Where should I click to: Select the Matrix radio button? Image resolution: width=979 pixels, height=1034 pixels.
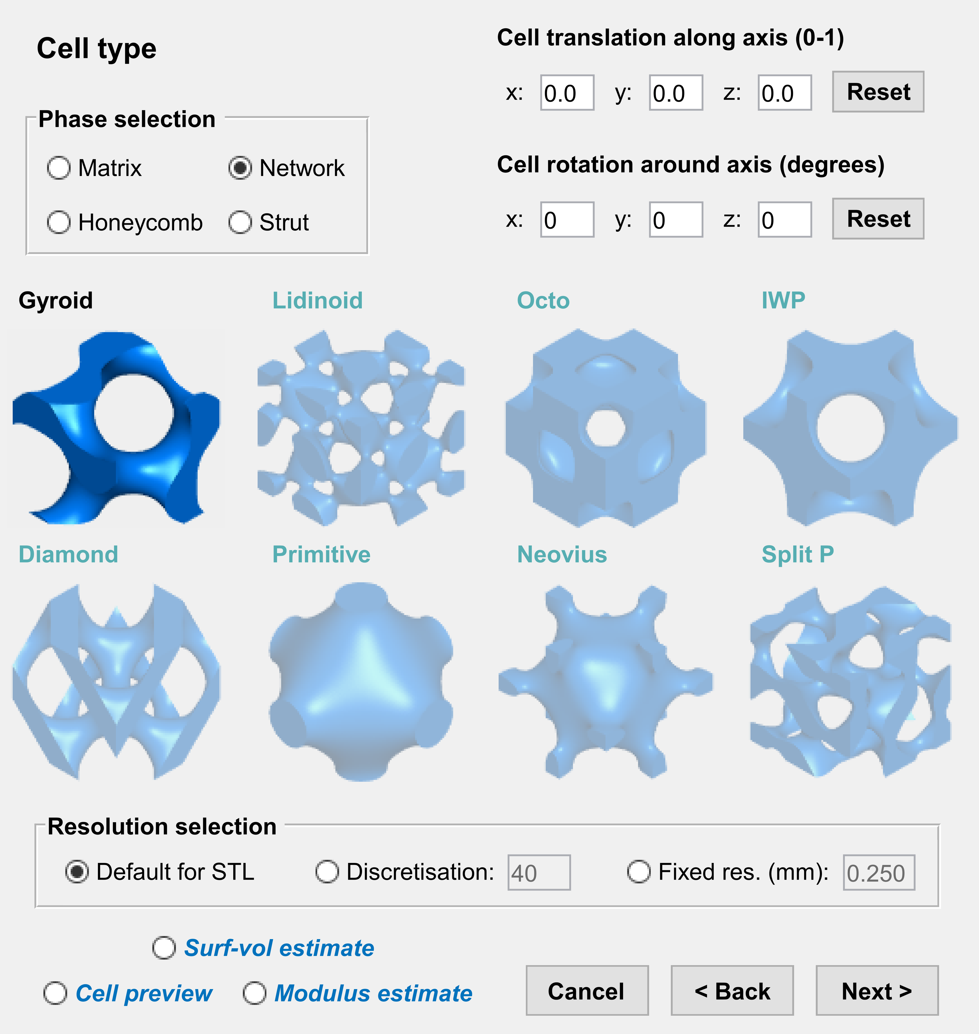pyautogui.click(x=58, y=168)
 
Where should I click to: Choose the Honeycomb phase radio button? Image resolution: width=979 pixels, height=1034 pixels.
pyautogui.click(x=58, y=222)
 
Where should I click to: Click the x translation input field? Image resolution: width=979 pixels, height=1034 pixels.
pyautogui.click(x=567, y=93)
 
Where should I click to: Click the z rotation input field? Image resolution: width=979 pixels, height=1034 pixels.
pyautogui.click(x=784, y=220)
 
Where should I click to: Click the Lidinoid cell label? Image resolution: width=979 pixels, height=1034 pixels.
pyautogui.click(x=317, y=301)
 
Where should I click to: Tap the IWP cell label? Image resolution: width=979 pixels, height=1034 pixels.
pyautogui.click(x=783, y=301)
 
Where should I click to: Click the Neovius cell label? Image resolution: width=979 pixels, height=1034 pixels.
pyautogui.click(x=561, y=554)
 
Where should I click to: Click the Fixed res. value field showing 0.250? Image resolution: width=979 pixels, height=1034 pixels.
pyautogui.click(x=879, y=873)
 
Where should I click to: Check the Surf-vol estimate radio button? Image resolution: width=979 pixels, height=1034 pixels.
pyautogui.click(x=164, y=948)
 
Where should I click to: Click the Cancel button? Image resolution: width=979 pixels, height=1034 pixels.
pyautogui.click(x=587, y=991)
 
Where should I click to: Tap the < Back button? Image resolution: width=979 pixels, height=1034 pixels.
pyautogui.click(x=732, y=991)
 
